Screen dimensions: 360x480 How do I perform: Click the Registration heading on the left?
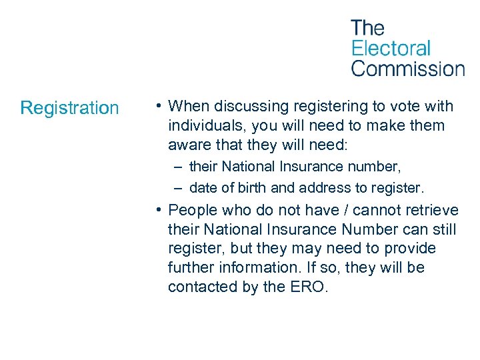point(69,107)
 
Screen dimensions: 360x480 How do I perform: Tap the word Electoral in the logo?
point(391,48)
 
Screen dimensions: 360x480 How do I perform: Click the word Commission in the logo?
point(407,68)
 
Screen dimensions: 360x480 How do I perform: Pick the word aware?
point(188,145)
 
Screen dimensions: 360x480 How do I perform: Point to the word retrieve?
point(433,210)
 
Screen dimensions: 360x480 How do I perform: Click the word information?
point(264,267)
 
